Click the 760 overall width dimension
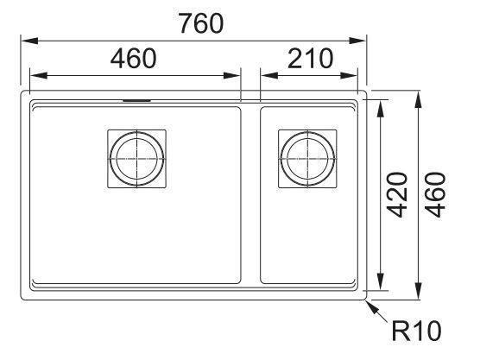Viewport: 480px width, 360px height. tap(201, 23)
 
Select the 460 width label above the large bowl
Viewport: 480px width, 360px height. tap(134, 58)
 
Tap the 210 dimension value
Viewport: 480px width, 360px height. tap(310, 58)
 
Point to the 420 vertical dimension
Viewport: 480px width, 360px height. tap(397, 195)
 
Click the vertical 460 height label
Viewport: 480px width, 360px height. tap(435, 195)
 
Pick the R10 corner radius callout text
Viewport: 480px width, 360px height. tap(417, 332)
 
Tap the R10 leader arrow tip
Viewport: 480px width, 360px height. tap(367, 300)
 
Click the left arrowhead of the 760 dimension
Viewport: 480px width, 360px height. tap(29, 41)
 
